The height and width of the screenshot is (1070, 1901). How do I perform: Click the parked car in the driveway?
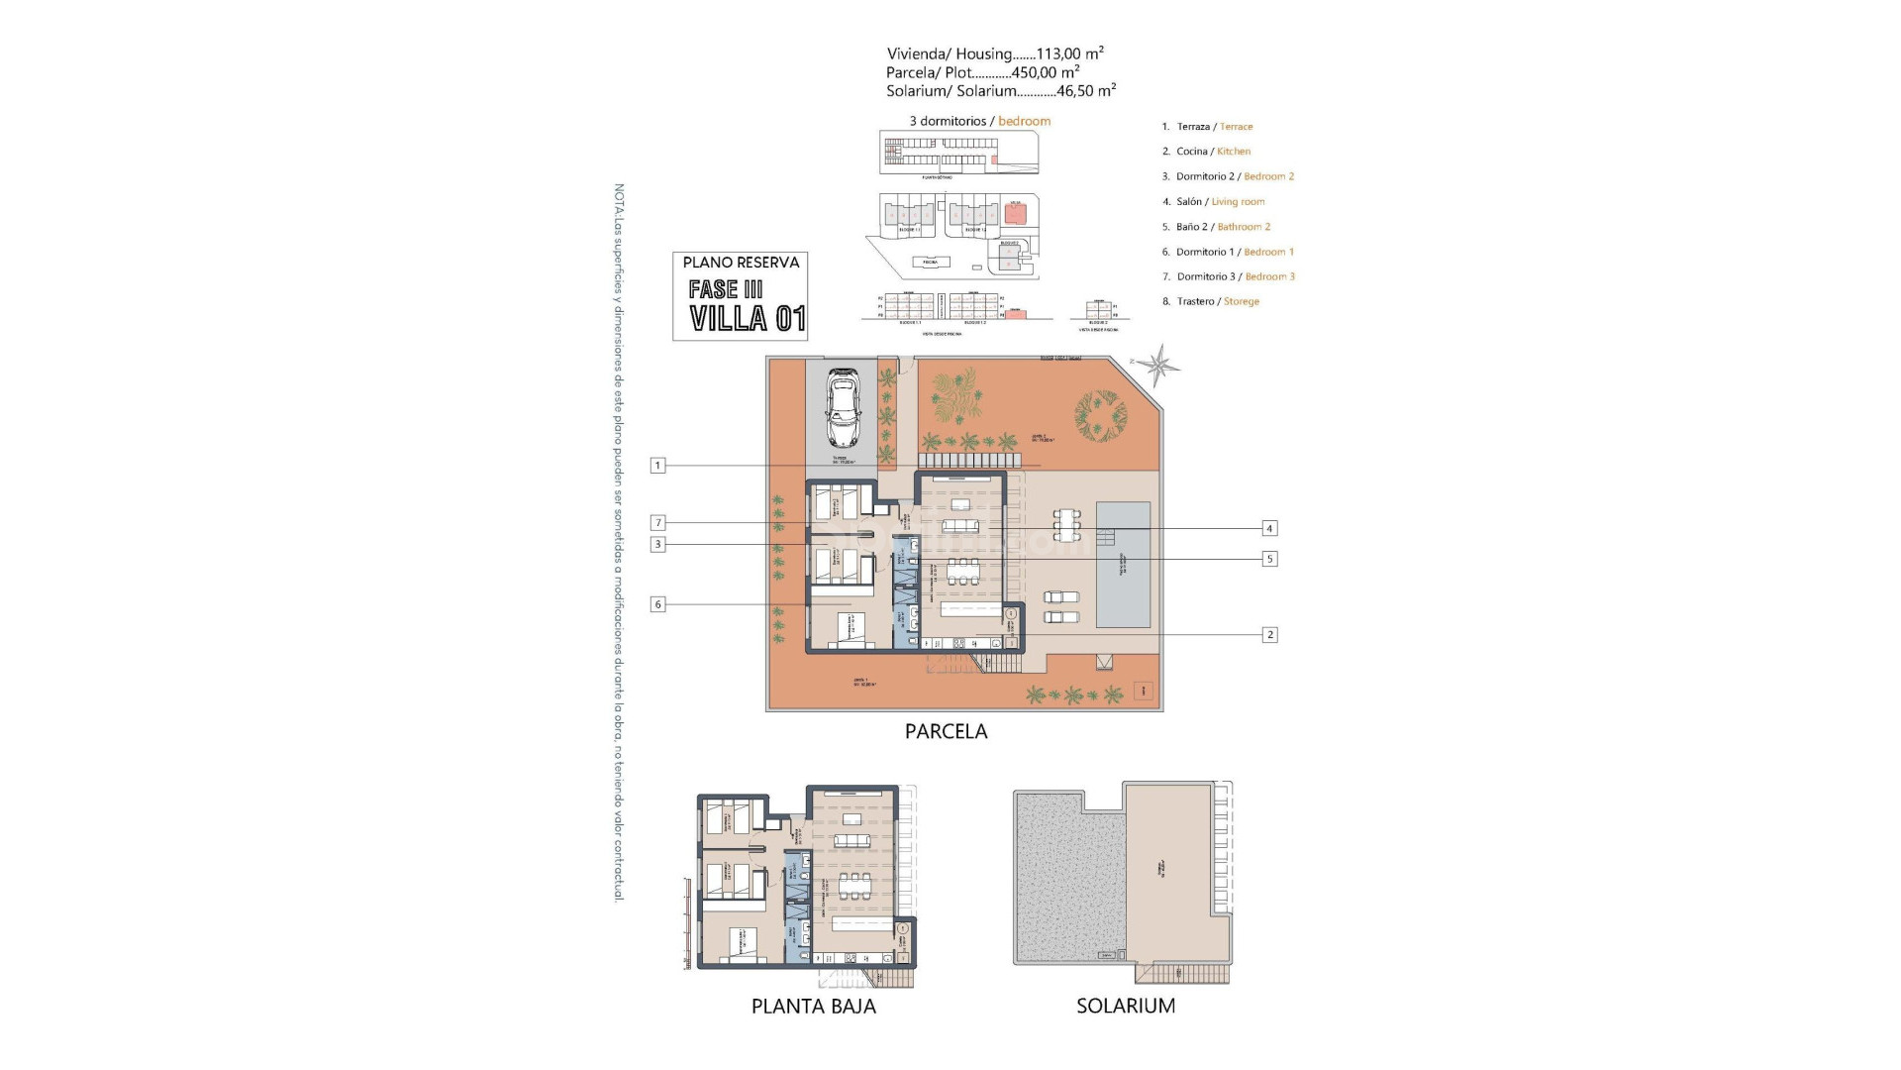pos(842,409)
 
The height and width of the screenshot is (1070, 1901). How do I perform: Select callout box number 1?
pos(657,465)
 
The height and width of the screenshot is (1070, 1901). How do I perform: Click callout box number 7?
pos(657,523)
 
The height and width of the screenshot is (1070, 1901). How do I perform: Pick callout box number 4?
pos(1268,528)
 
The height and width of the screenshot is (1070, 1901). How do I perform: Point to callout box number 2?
pos(1269,635)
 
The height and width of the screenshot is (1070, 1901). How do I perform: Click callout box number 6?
pos(657,604)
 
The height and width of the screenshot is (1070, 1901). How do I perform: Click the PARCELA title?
pos(946,731)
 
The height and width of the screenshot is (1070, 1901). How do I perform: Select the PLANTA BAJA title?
pos(813,1006)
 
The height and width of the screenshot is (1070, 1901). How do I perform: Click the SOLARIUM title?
pos(1126,1006)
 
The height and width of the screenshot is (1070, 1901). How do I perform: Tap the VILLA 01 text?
pos(748,319)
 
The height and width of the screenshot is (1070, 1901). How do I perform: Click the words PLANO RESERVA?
pos(741,263)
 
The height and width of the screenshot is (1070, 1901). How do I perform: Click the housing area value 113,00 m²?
pos(1069,54)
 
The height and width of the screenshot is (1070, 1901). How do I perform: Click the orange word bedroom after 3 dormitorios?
pos(1024,121)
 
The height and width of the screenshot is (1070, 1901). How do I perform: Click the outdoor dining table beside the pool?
pos(1066,524)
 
